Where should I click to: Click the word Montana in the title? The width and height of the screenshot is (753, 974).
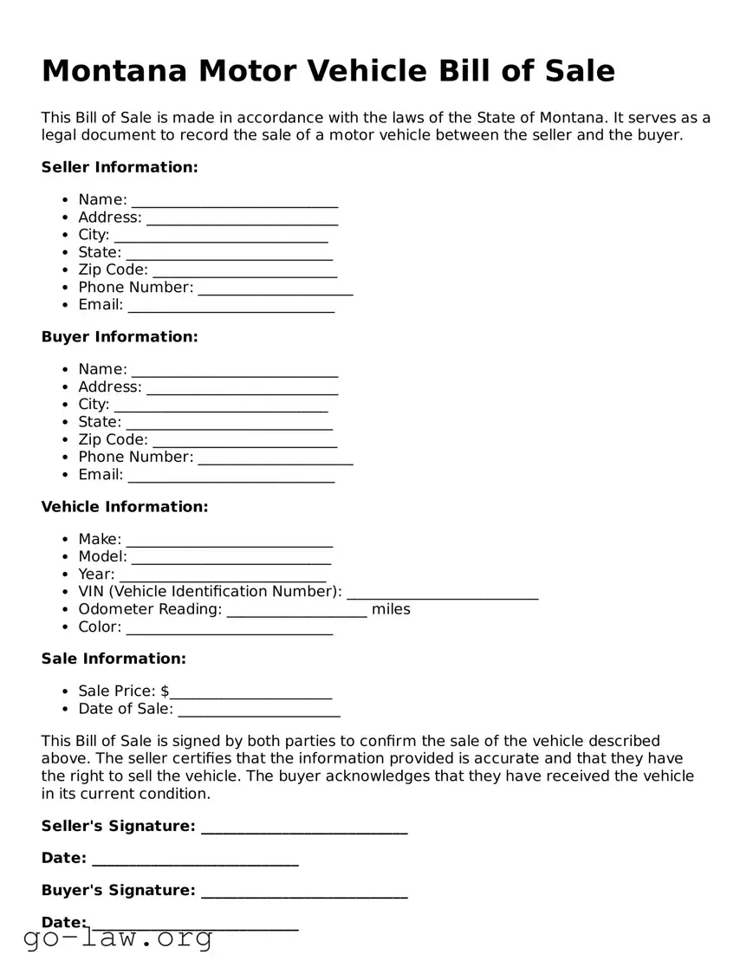(114, 71)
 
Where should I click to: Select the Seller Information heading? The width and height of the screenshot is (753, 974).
(120, 167)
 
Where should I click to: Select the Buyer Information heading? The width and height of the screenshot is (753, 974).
(120, 337)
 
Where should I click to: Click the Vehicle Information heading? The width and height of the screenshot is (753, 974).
(125, 507)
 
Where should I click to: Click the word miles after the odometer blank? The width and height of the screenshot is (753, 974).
(391, 609)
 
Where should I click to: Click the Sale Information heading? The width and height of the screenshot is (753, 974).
(114, 659)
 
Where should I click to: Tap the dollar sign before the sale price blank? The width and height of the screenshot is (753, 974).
(166, 692)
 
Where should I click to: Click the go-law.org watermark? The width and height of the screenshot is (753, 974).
(118, 938)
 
